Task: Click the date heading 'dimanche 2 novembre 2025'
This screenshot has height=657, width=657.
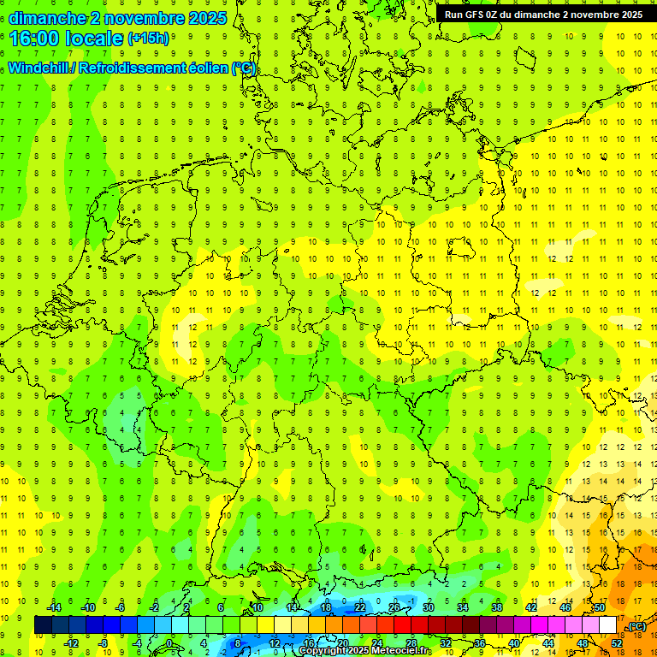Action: click(x=117, y=18)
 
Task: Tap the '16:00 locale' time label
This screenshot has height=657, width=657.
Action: click(x=66, y=38)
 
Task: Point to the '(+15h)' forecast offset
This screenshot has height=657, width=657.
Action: click(x=148, y=38)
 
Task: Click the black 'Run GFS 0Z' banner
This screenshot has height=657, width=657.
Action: click(x=543, y=15)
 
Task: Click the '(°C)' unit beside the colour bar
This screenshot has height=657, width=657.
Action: click(x=636, y=627)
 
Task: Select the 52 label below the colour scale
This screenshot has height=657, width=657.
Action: click(x=617, y=643)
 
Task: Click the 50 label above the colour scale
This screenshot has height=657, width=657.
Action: click(x=599, y=607)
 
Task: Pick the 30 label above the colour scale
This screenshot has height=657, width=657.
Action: click(x=428, y=607)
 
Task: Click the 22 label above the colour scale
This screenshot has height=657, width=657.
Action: click(x=359, y=607)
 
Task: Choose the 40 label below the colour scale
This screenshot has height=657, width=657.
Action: click(x=513, y=643)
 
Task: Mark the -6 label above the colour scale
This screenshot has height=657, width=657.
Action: click(x=121, y=607)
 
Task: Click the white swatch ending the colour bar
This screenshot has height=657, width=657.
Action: click(x=608, y=625)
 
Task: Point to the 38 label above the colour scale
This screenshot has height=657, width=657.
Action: click(x=496, y=607)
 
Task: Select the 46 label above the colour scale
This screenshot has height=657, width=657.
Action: click(x=565, y=607)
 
